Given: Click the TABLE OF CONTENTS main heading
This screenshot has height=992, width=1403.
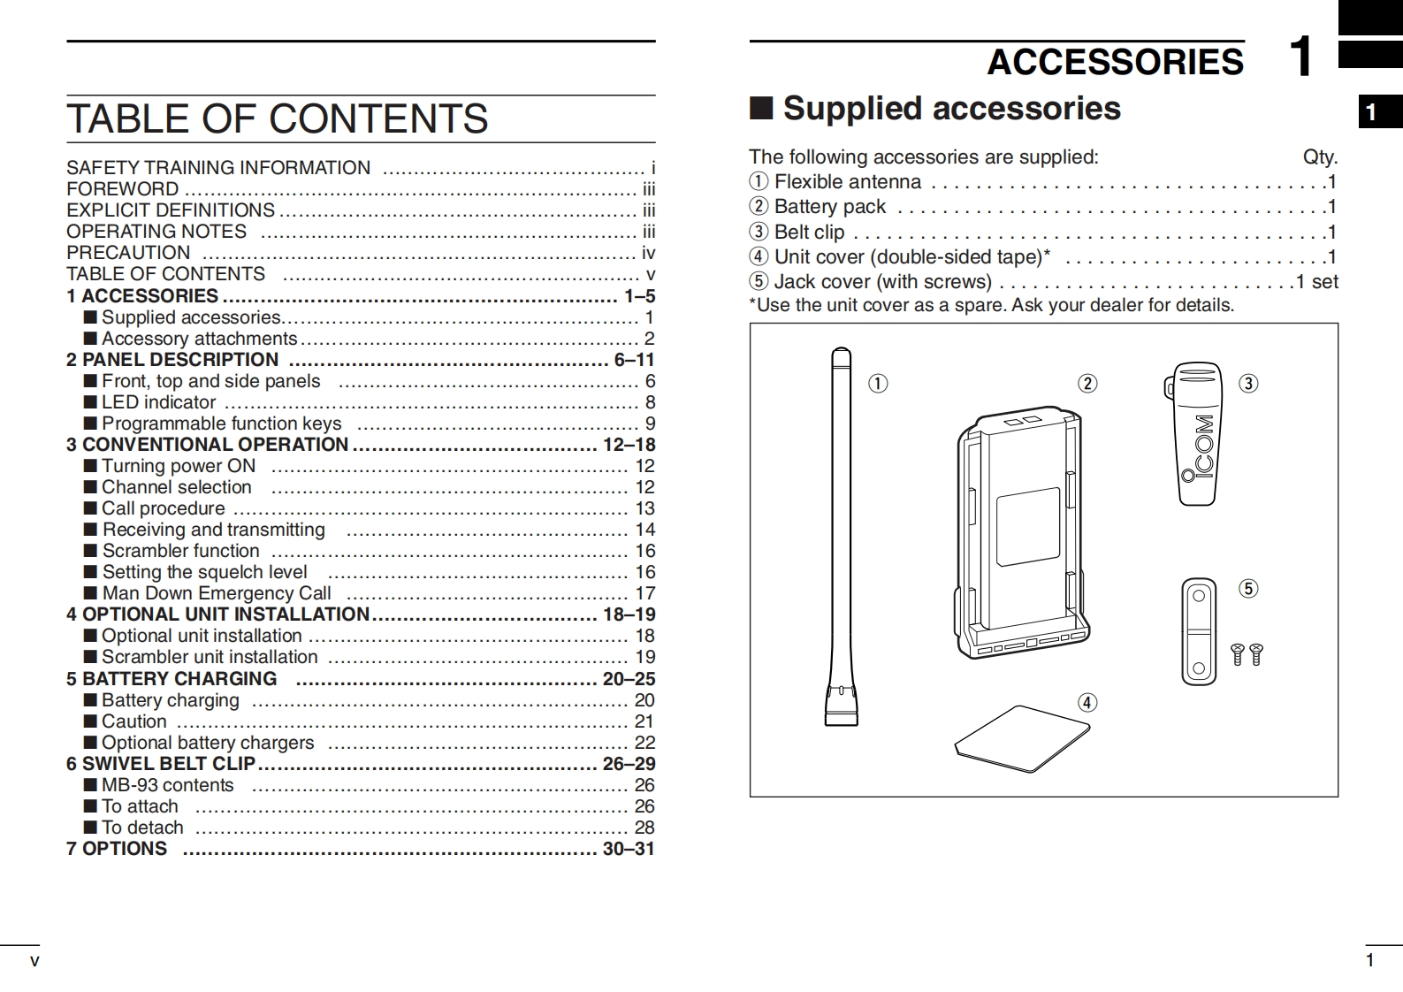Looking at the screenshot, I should (x=277, y=118).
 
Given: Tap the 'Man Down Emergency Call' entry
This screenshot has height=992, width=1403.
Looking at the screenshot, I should (x=217, y=593).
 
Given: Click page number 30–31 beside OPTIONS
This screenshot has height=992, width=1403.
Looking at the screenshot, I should (x=629, y=849).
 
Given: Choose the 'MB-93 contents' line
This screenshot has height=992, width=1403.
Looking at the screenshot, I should (x=167, y=785).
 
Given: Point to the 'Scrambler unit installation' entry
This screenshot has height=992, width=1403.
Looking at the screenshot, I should (x=210, y=657).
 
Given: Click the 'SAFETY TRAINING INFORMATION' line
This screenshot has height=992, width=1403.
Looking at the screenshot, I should (x=218, y=168).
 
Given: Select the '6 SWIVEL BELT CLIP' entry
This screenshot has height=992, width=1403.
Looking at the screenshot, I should (x=161, y=764).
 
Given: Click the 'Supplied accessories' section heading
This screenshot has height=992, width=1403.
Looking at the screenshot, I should (x=951, y=108).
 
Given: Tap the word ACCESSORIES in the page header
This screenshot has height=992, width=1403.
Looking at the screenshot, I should (x=1115, y=62).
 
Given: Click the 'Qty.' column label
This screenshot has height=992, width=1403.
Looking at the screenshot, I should (x=1320, y=157).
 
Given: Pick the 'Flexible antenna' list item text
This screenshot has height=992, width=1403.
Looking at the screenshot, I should (x=847, y=182).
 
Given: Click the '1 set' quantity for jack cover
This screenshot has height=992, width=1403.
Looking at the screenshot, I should (x=1317, y=282).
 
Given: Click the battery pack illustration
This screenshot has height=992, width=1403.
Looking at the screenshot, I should (x=1023, y=534).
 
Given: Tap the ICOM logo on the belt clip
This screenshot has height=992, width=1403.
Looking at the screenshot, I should (x=1203, y=448).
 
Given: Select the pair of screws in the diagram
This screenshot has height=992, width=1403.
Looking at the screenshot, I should (x=1247, y=654).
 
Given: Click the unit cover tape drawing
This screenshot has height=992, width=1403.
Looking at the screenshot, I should (x=1022, y=738).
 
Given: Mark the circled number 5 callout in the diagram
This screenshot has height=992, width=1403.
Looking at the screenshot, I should (x=1248, y=589).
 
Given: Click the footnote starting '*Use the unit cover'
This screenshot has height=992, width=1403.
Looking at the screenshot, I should (x=991, y=306).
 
